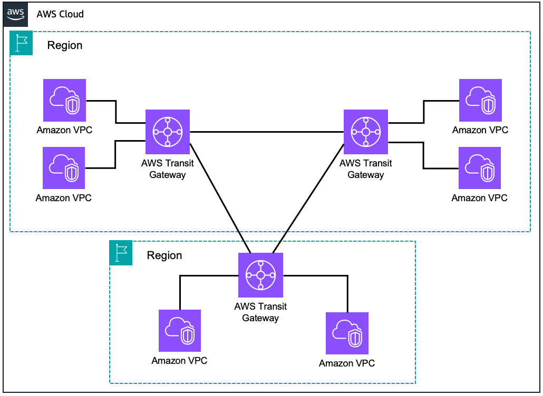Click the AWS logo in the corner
(x=15, y=14)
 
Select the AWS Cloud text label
(x=60, y=14)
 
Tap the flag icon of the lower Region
(x=121, y=253)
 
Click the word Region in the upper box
(x=65, y=45)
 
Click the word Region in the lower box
(x=164, y=255)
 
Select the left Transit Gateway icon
(x=167, y=132)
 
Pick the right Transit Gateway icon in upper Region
(x=365, y=132)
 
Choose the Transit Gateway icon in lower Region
(x=260, y=275)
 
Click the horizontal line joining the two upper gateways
(x=266, y=132)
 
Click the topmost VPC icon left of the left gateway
(x=64, y=101)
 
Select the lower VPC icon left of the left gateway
(x=64, y=168)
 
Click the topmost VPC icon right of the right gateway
(x=480, y=101)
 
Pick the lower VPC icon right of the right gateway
(x=480, y=168)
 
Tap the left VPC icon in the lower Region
(x=180, y=331)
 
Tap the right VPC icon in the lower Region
(x=347, y=333)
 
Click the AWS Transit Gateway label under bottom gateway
(x=260, y=312)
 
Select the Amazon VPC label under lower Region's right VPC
(x=347, y=363)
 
